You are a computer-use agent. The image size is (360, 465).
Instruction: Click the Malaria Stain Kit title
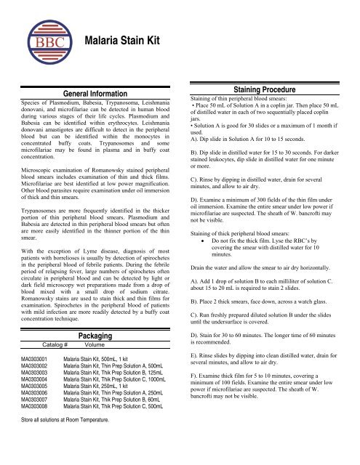[121, 43]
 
